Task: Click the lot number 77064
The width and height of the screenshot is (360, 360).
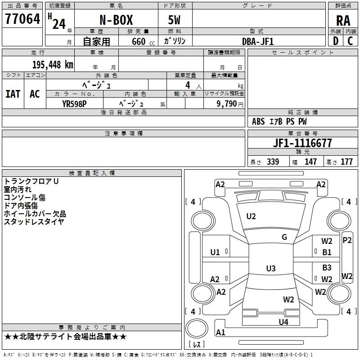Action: (22, 19)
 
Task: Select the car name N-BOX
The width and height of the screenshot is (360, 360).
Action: (116, 20)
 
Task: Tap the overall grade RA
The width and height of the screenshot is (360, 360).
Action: (343, 21)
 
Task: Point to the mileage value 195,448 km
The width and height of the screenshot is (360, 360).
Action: (53, 65)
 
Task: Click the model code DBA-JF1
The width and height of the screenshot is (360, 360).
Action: (258, 41)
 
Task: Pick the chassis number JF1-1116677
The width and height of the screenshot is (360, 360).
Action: (302, 143)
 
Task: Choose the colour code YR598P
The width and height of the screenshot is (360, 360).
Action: (74, 104)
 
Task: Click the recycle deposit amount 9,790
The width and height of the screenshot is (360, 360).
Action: (227, 103)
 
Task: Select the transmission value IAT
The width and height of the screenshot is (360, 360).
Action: (13, 94)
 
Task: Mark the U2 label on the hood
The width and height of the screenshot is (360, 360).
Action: (251, 216)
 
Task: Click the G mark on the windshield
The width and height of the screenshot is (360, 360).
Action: (284, 237)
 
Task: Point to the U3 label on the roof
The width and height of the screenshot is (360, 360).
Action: (271, 268)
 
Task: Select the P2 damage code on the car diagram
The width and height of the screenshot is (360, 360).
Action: (347, 240)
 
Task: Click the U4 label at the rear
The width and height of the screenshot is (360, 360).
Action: (283, 322)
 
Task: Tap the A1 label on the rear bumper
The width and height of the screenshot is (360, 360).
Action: (220, 332)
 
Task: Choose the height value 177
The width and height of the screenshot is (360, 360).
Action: (346, 162)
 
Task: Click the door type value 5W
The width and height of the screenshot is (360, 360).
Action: (174, 20)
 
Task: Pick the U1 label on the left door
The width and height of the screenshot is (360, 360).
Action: (215, 252)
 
